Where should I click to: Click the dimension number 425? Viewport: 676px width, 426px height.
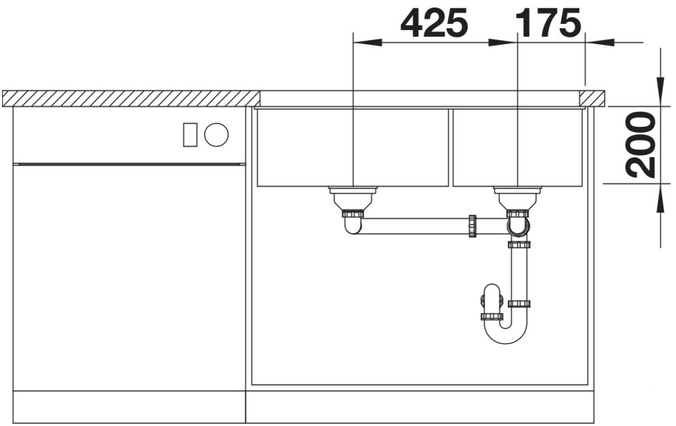[x=434, y=22]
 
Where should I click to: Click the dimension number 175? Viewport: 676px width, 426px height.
[x=548, y=22]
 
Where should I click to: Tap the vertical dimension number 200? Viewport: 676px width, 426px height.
[x=641, y=144]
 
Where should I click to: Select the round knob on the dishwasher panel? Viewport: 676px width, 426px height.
[x=216, y=134]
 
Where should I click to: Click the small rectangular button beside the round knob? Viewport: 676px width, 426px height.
[x=190, y=134]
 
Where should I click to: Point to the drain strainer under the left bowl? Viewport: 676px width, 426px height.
[x=353, y=198]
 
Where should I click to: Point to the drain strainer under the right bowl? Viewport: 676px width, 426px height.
[x=518, y=198]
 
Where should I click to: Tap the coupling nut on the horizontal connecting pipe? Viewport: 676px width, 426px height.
[x=473, y=226]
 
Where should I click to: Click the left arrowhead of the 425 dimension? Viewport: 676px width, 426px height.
[x=367, y=42]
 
